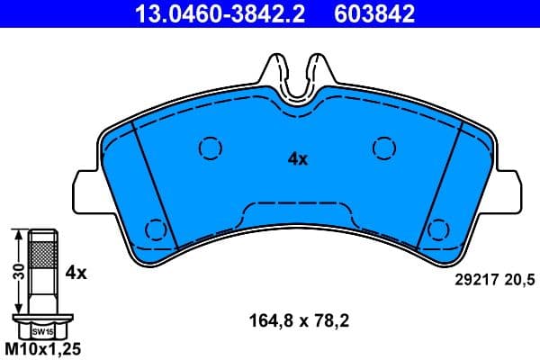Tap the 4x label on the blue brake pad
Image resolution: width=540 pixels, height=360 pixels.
pyautogui.click(x=297, y=159)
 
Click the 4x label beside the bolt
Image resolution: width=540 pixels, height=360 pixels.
pyautogui.click(x=76, y=271)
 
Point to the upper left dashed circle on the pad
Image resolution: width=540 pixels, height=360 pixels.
pyautogui.click(x=210, y=147)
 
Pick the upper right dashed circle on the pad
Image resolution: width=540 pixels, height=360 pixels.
pyautogui.click(x=384, y=147)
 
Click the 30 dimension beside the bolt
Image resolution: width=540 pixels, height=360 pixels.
pyautogui.click(x=16, y=271)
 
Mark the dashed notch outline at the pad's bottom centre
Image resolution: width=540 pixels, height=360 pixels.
pyautogui.click(x=297, y=211)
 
